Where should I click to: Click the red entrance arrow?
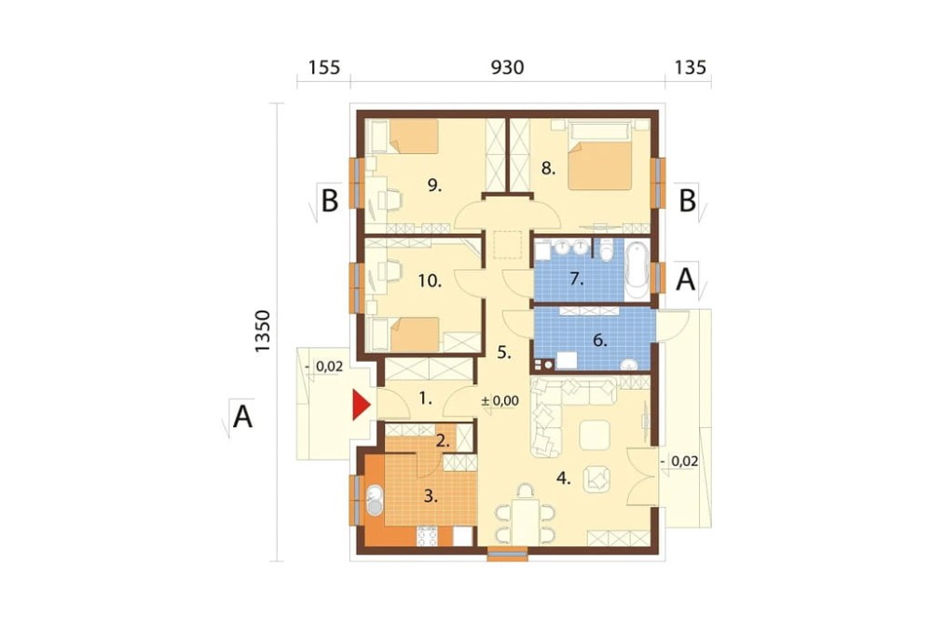(x=361, y=405)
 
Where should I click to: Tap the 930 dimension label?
(x=507, y=67)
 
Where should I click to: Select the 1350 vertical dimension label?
(x=262, y=331)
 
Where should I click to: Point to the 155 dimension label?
(x=324, y=67)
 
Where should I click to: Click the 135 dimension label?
(x=690, y=67)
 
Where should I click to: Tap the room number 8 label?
(x=548, y=169)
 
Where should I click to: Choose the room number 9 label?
(x=434, y=186)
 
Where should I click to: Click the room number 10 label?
(x=429, y=280)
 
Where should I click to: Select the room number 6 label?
(x=599, y=341)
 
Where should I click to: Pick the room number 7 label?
(x=577, y=278)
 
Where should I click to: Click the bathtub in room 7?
(x=637, y=270)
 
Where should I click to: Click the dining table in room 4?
(x=525, y=521)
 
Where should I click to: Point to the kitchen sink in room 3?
(x=375, y=501)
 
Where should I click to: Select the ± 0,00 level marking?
(x=500, y=401)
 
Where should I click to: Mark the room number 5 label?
(x=504, y=352)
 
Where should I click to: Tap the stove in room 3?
(x=428, y=536)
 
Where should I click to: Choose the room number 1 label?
(x=425, y=398)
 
